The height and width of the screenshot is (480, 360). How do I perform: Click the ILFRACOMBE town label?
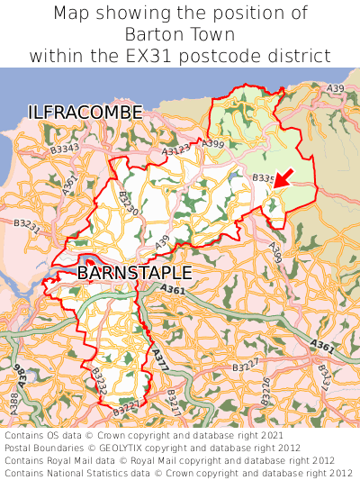click(x=85, y=113)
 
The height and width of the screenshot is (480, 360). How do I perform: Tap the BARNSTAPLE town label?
click(x=134, y=272)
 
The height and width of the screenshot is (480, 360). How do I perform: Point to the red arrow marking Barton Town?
click(x=282, y=180)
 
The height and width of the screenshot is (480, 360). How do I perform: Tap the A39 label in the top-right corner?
click(x=335, y=88)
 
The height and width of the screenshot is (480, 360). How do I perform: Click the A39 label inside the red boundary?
click(x=162, y=241)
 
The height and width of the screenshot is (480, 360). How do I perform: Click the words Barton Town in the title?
click(x=180, y=34)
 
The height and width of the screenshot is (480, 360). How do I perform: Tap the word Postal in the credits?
click(x=22, y=447)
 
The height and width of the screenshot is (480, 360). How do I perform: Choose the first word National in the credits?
click(x=85, y=471)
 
